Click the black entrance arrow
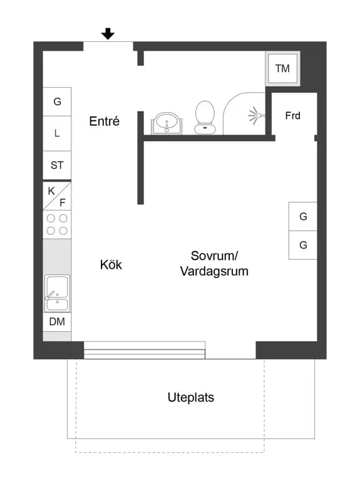[x=108, y=33]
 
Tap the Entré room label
[x=105, y=121]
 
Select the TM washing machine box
[x=282, y=68]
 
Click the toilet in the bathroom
[x=205, y=118]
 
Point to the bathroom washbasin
[x=167, y=123]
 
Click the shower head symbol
[x=256, y=116]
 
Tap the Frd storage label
[x=293, y=116]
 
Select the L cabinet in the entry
[x=57, y=133]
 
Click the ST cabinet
[x=57, y=165]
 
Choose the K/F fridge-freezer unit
[x=57, y=196]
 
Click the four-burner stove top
[x=57, y=225]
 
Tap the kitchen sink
[x=58, y=293]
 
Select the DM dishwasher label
[x=57, y=321]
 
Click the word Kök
[x=111, y=265]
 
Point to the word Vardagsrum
[x=214, y=271]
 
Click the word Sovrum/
[x=214, y=256]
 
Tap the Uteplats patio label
[x=191, y=397]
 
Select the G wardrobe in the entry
[x=57, y=101]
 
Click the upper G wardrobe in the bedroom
[x=303, y=216]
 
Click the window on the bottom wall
[x=145, y=350]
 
